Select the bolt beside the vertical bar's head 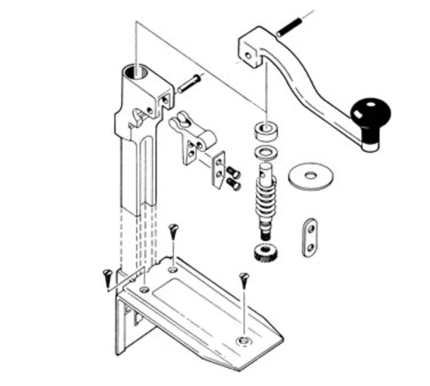[x=188, y=84]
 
